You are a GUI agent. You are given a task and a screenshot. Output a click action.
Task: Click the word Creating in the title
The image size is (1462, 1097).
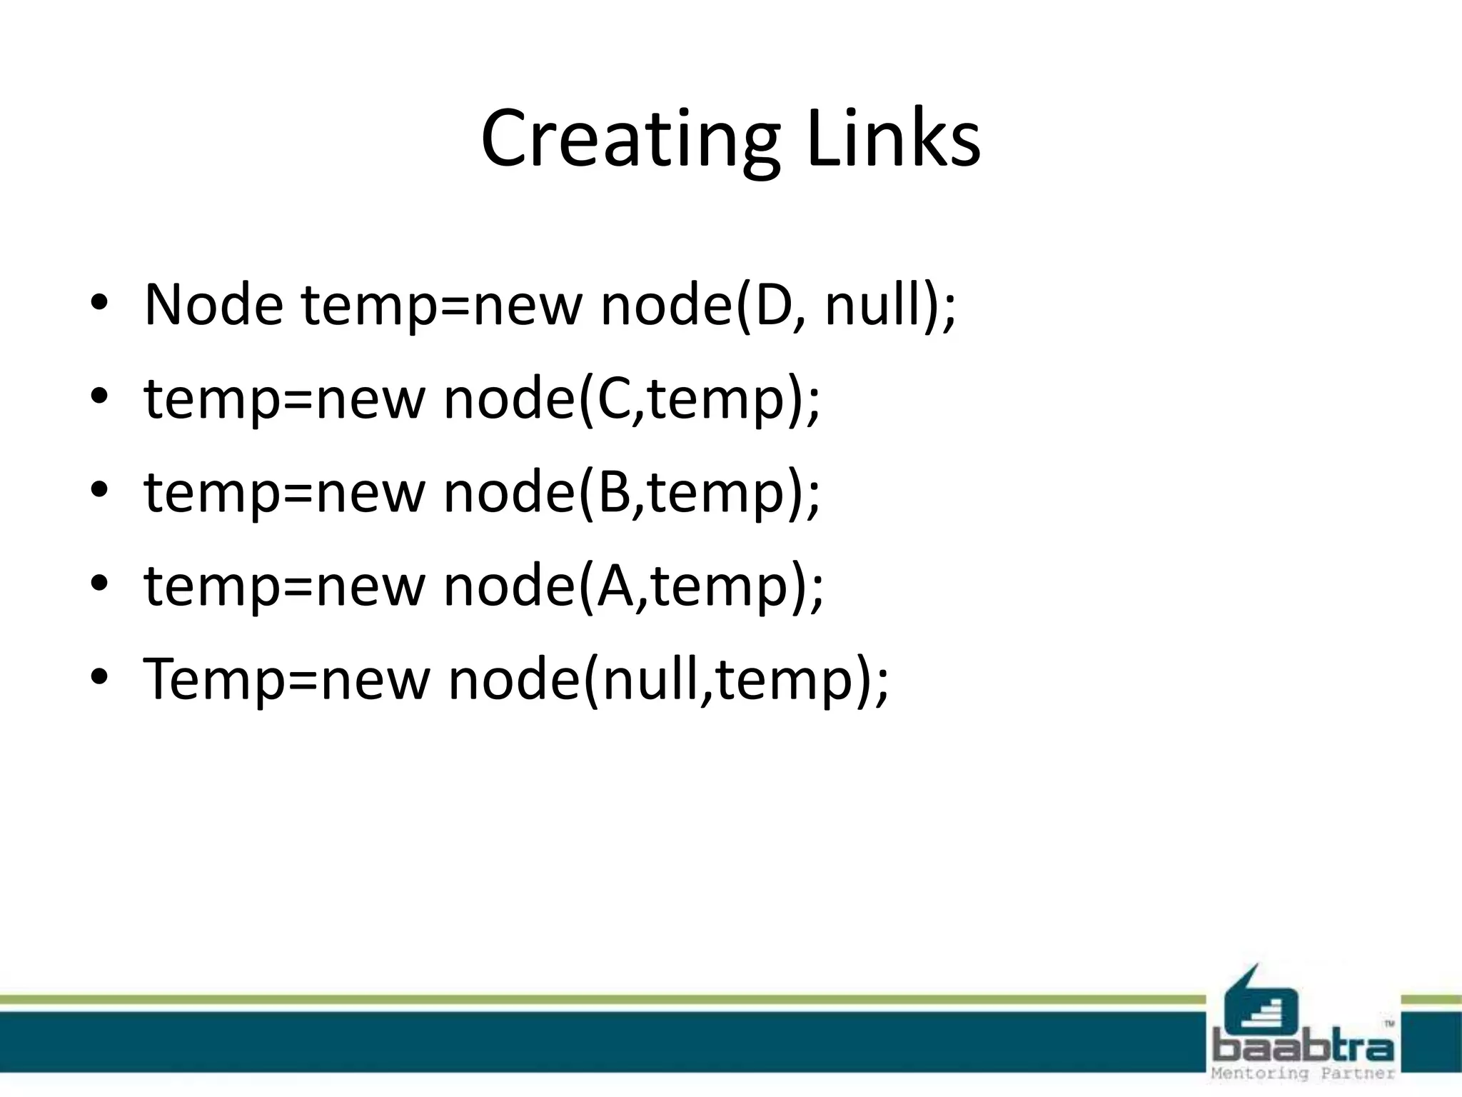(x=630, y=139)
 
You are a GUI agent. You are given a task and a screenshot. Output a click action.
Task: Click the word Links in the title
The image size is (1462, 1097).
(x=893, y=139)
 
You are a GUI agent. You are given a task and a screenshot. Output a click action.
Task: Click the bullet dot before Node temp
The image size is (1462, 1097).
(x=99, y=305)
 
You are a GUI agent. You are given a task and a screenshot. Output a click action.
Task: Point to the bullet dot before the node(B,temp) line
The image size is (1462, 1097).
(x=99, y=492)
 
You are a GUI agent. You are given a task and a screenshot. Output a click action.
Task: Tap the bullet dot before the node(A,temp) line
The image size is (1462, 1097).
(x=99, y=586)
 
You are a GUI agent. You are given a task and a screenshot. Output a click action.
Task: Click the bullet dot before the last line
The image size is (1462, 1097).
(x=99, y=679)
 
